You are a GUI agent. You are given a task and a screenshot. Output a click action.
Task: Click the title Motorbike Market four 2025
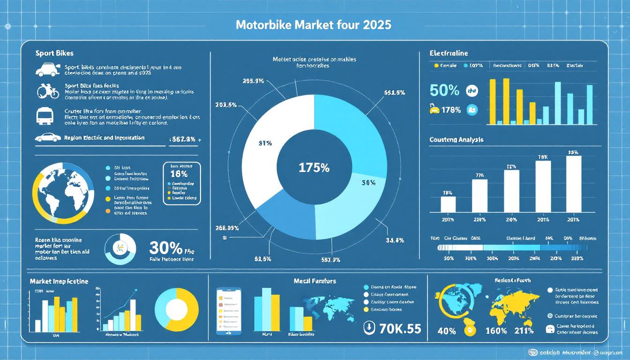pyautogui.click(x=314, y=25)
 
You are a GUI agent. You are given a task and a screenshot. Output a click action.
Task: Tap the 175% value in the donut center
pyautogui.click(x=314, y=167)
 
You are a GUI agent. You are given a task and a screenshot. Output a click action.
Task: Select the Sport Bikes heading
pyautogui.click(x=54, y=53)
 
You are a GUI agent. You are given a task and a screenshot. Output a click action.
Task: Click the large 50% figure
pyautogui.click(x=444, y=90)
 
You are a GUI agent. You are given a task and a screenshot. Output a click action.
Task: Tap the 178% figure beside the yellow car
pyautogui.click(x=451, y=111)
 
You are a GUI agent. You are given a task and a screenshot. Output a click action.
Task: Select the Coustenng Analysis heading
pyautogui.click(x=456, y=140)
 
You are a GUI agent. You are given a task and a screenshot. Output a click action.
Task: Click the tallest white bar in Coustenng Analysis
pyautogui.click(x=573, y=184)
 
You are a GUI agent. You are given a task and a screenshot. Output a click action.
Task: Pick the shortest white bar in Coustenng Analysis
pyautogui.click(x=448, y=204)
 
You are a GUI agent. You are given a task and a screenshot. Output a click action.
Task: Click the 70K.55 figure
pyautogui.click(x=399, y=328)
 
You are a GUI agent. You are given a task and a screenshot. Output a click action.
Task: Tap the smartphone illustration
pyautogui.click(x=228, y=311)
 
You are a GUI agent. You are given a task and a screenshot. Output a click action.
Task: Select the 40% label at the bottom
pyautogui.click(x=446, y=331)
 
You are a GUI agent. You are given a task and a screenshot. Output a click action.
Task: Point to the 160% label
pyautogui.click(x=497, y=331)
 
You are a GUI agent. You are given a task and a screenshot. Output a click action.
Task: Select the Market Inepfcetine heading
pyautogui.click(x=59, y=281)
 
